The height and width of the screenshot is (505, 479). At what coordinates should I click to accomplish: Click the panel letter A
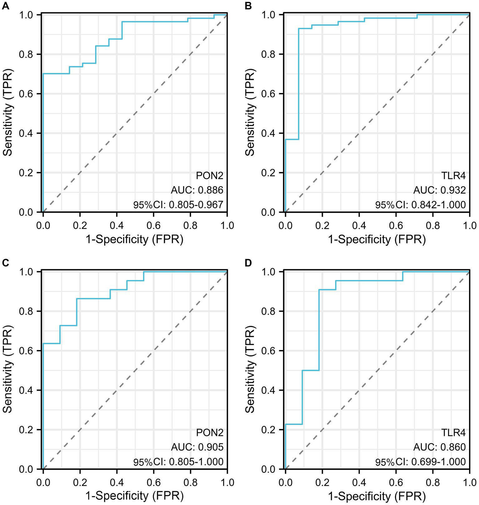pyautogui.click(x=5, y=6)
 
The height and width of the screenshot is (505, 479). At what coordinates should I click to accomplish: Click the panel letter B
pyautogui.click(x=248, y=6)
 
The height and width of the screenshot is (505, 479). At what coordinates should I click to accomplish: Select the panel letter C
pyautogui.click(x=5, y=263)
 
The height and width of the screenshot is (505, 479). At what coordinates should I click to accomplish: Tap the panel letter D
pyautogui.click(x=248, y=263)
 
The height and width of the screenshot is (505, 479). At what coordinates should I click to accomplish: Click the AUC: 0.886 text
pyautogui.click(x=197, y=190)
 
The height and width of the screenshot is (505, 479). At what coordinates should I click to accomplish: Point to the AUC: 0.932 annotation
pyautogui.click(x=439, y=190)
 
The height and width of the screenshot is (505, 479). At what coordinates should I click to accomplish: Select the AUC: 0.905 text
pyautogui.click(x=197, y=447)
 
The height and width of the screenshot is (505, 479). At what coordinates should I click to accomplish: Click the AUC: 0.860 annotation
pyautogui.click(x=439, y=447)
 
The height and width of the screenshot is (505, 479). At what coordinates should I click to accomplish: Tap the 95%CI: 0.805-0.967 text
pyautogui.click(x=178, y=205)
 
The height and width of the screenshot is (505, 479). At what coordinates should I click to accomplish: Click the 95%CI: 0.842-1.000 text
pyautogui.click(x=420, y=205)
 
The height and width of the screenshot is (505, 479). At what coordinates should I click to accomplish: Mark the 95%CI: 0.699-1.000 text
pyautogui.click(x=420, y=462)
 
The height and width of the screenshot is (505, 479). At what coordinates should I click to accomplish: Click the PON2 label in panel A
pyautogui.click(x=210, y=176)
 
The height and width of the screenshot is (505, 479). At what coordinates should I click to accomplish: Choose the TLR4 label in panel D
pyautogui.click(x=453, y=433)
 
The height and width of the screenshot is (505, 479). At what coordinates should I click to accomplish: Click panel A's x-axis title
pyautogui.click(x=135, y=239)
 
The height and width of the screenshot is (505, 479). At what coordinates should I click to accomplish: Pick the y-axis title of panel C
pyautogui.click(x=8, y=369)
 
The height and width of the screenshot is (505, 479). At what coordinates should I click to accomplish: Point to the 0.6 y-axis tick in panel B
pyautogui.click(x=269, y=94)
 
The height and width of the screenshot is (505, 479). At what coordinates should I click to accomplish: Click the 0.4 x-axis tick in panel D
pyautogui.click(x=359, y=483)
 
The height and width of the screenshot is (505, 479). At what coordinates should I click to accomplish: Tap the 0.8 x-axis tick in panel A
pyautogui.click(x=190, y=225)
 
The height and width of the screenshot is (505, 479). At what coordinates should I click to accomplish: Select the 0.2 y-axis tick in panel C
pyautogui.click(x=27, y=430)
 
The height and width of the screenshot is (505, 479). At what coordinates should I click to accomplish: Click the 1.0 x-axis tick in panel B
pyautogui.click(x=470, y=225)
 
